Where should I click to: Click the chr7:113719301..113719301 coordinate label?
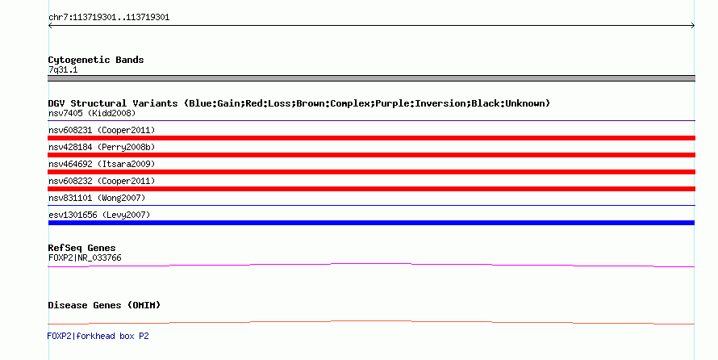pyautogui.click(x=109, y=18)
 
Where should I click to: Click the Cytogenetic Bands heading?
pyautogui.click(x=96, y=60)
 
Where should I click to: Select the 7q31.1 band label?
pyautogui.click(x=63, y=69)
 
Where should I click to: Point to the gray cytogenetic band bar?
pyautogui.click(x=371, y=78)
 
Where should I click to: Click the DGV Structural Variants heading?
pyautogui.click(x=299, y=103)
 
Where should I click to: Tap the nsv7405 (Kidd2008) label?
pyautogui.click(x=92, y=113)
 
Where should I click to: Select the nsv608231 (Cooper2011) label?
pyautogui.click(x=102, y=130)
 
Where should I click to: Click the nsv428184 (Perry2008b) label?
pyautogui.click(x=102, y=147)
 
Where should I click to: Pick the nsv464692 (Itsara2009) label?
pyautogui.click(x=102, y=164)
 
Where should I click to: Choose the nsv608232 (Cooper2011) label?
pyautogui.click(x=102, y=181)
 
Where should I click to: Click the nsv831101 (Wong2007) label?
pyautogui.click(x=97, y=198)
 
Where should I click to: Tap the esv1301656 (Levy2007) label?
pyautogui.click(x=99, y=215)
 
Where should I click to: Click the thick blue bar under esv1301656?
pyautogui.click(x=371, y=223)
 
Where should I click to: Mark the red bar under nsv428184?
pyautogui.click(x=371, y=155)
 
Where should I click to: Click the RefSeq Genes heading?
pyautogui.click(x=81, y=248)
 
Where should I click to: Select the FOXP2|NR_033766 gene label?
pyautogui.click(x=85, y=257)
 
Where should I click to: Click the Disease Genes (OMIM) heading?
pyautogui.click(x=104, y=305)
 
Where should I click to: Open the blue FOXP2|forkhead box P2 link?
pyautogui.click(x=98, y=336)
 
